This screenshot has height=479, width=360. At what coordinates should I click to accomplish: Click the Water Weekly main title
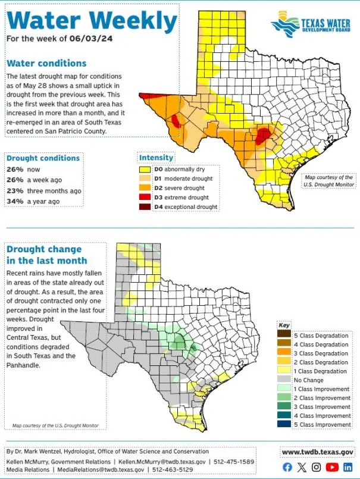(x=92, y=21)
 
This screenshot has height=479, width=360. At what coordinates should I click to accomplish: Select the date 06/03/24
(x=92, y=39)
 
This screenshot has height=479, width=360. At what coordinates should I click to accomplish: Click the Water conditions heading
(x=46, y=63)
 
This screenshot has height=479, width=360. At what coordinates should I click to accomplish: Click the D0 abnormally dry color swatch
(x=145, y=169)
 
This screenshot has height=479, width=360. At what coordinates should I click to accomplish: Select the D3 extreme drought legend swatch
(x=145, y=197)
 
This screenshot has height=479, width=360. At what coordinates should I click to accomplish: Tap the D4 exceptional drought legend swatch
(x=145, y=206)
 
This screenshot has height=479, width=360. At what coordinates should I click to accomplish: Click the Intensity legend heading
(x=156, y=158)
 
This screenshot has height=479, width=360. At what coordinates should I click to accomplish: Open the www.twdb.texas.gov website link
(x=318, y=452)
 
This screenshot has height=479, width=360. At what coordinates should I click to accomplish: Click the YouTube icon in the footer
(x=332, y=467)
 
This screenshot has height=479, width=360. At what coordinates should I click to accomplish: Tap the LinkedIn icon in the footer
(x=348, y=467)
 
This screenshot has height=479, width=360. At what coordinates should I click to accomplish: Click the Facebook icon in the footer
(x=287, y=467)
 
